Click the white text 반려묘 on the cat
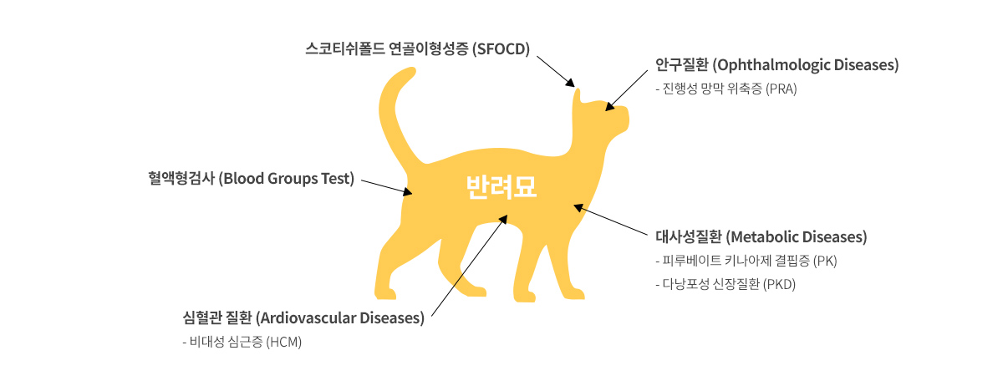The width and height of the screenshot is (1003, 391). (x=501, y=187)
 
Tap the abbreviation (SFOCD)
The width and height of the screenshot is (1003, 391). (x=501, y=48)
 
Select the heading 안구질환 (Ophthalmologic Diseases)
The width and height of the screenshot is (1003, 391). (x=776, y=65)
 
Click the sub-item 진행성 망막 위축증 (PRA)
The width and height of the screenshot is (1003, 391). (x=726, y=89)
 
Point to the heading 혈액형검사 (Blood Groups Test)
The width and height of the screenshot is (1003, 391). (x=252, y=179)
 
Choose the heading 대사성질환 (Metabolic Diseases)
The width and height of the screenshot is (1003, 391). (x=761, y=236)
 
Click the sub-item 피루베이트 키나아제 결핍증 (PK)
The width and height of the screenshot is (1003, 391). (x=746, y=261)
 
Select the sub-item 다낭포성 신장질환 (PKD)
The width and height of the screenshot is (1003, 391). (x=726, y=284)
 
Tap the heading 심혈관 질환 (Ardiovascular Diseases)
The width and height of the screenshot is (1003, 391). (x=303, y=318)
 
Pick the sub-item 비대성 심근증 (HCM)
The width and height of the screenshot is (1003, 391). (x=242, y=342)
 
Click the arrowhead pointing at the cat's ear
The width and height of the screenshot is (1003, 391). (x=570, y=83)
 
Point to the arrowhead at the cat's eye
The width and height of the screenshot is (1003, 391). (x=610, y=106)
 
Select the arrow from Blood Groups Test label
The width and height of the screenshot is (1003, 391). (x=387, y=187)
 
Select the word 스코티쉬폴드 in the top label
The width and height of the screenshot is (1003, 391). (x=345, y=48)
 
